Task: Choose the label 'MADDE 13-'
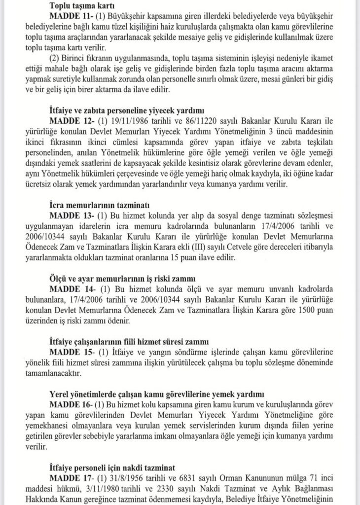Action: (70, 215)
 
